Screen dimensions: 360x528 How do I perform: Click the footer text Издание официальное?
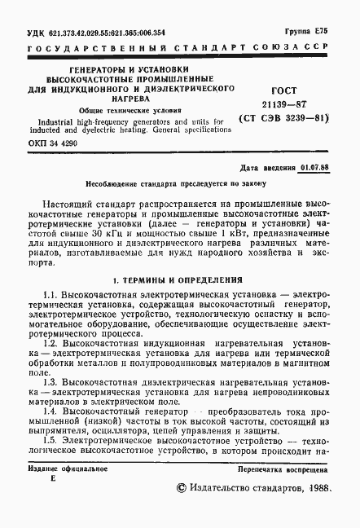pyautogui.click(x=60, y=471)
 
